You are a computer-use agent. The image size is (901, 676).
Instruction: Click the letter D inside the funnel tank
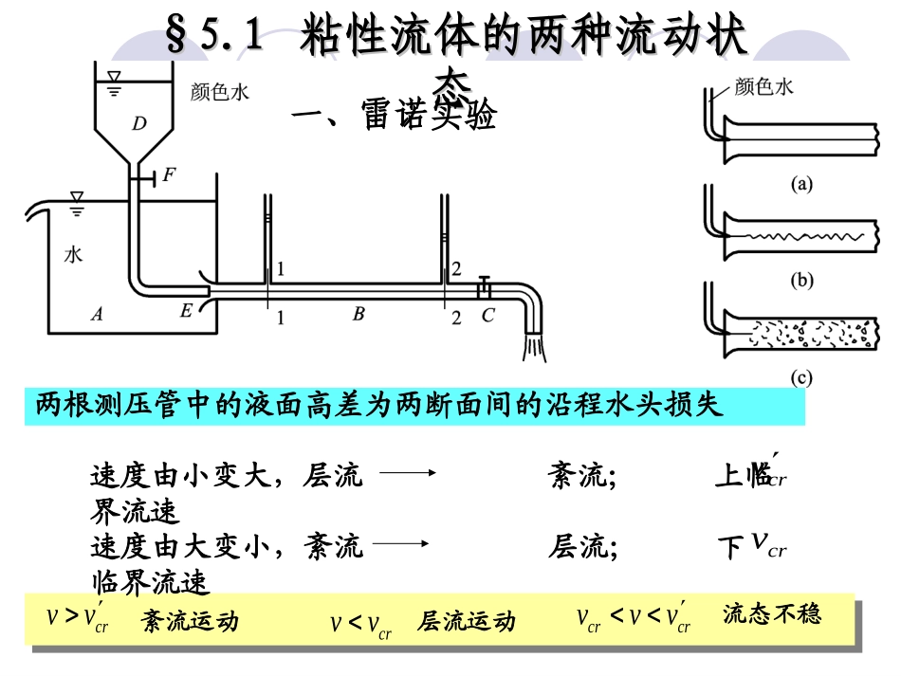(x=139, y=122)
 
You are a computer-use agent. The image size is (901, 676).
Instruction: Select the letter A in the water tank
(x=96, y=315)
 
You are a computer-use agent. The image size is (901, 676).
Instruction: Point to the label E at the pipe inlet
(x=186, y=309)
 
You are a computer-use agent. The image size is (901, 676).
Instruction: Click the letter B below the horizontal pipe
(x=359, y=314)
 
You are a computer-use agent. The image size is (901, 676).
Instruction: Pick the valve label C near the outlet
(x=487, y=316)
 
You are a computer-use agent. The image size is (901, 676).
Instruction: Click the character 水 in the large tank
(x=74, y=254)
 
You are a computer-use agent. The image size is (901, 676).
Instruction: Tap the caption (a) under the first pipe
(x=802, y=186)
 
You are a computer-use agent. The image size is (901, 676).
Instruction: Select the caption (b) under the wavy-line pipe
(x=802, y=281)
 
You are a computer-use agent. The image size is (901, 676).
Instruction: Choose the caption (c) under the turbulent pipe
(x=802, y=377)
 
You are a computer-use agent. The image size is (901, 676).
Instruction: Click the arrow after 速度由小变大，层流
(x=411, y=474)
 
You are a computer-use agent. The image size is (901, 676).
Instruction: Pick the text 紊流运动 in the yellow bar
(x=190, y=621)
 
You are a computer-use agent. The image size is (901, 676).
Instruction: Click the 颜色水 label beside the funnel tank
(x=219, y=92)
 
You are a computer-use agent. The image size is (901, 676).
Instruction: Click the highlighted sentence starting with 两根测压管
(x=379, y=406)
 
